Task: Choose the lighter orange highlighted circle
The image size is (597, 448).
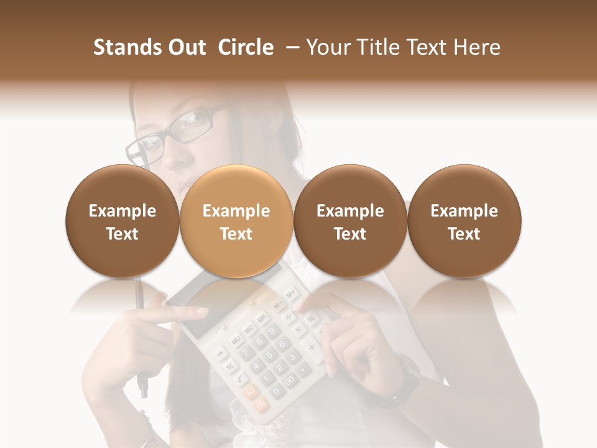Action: coord(236,222)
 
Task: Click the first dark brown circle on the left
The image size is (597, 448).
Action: coord(123,222)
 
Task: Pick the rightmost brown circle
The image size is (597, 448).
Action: coord(464,222)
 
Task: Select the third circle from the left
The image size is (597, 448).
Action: coord(350,222)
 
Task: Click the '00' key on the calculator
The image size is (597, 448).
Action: coord(290,380)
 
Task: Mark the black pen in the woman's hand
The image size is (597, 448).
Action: coord(141,336)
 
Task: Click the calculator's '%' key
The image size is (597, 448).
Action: coord(310,318)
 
